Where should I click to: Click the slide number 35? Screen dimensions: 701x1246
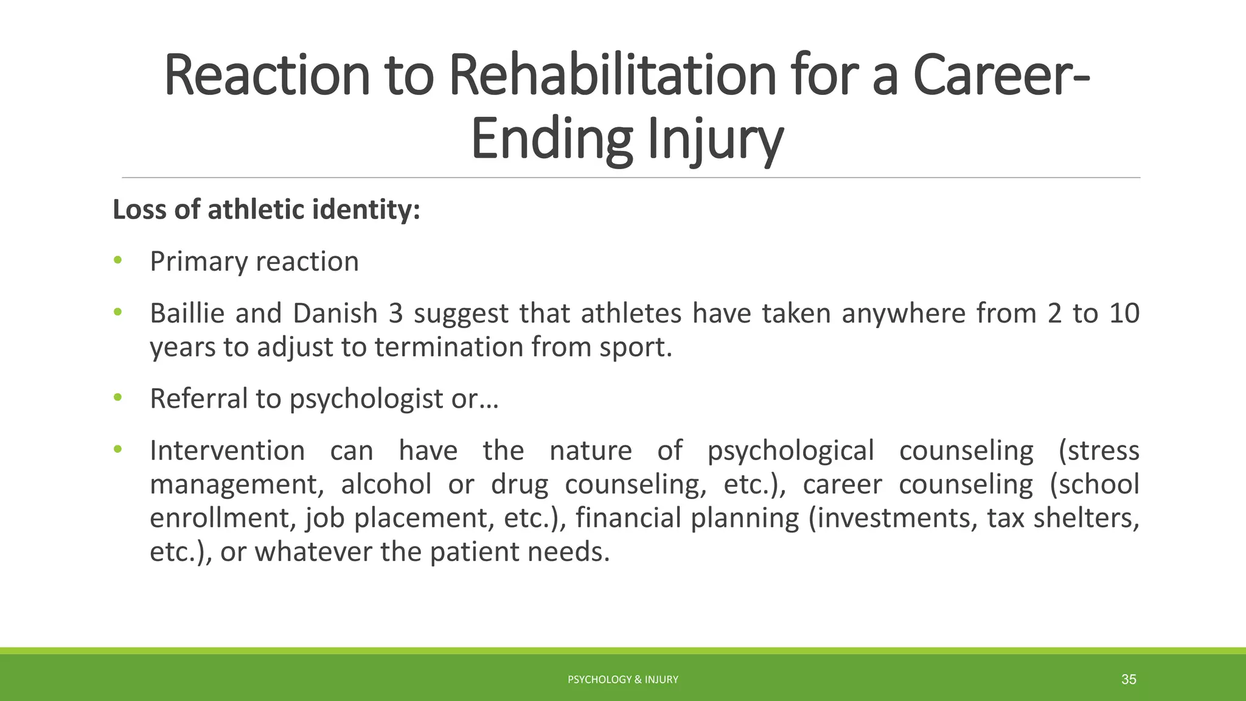(x=1129, y=680)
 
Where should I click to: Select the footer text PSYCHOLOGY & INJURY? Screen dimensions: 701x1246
(x=622, y=680)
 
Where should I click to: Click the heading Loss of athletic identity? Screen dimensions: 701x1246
(x=266, y=210)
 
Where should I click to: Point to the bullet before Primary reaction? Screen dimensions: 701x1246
(x=117, y=261)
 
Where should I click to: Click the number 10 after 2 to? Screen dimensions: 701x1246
(x=1124, y=313)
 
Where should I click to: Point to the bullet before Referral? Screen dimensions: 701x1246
(x=117, y=398)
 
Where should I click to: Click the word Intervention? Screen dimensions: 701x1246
(x=228, y=451)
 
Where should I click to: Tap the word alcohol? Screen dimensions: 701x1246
(x=386, y=485)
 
